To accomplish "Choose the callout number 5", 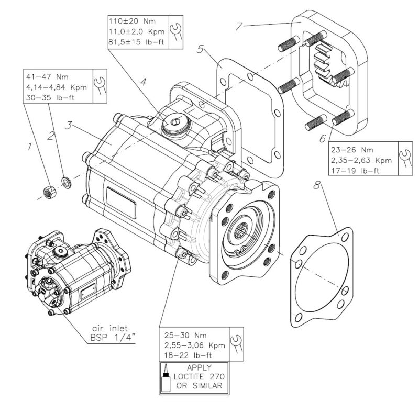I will (x=201, y=51).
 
